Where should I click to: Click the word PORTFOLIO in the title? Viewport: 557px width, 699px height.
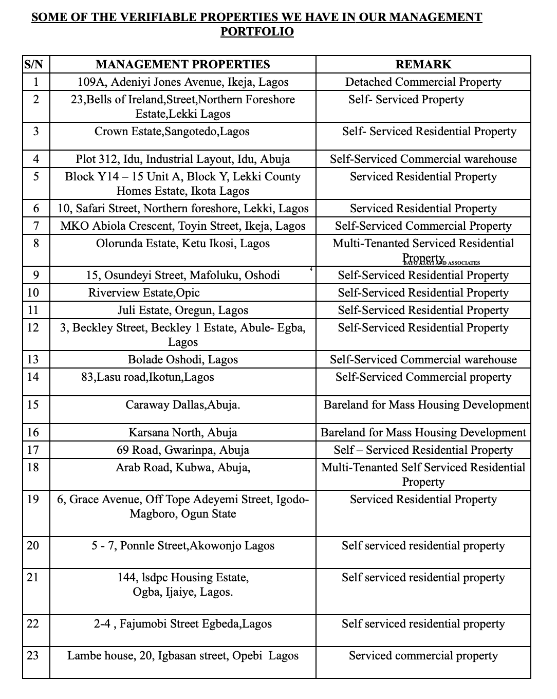tap(257, 32)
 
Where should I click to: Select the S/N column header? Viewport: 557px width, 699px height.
tap(34, 65)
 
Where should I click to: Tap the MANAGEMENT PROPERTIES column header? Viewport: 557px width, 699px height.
tap(183, 65)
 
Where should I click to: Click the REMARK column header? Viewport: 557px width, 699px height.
tap(423, 65)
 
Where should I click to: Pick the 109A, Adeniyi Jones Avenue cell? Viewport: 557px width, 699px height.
tap(183, 82)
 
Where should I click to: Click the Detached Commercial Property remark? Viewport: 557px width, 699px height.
tap(423, 82)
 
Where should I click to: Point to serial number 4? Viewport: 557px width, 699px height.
tap(36, 159)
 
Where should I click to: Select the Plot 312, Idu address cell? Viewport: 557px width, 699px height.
tap(183, 159)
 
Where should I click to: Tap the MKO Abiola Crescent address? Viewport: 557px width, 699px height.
tap(183, 226)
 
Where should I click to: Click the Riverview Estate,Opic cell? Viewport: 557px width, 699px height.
tap(144, 293)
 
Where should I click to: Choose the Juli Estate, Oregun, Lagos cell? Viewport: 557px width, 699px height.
tap(183, 310)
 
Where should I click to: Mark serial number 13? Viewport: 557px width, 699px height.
tap(33, 360)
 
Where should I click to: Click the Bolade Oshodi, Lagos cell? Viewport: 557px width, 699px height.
tap(183, 360)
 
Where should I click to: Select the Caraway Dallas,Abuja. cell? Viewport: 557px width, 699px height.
tap(183, 405)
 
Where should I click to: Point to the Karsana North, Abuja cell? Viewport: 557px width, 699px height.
tap(183, 433)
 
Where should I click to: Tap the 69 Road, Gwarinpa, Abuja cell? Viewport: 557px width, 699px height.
tap(183, 450)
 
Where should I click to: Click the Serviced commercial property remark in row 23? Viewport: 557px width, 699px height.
tap(423, 656)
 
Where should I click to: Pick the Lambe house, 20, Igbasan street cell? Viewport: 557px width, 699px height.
tap(183, 656)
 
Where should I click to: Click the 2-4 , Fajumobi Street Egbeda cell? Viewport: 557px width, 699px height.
tap(183, 624)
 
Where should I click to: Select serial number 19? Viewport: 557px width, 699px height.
tap(33, 500)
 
